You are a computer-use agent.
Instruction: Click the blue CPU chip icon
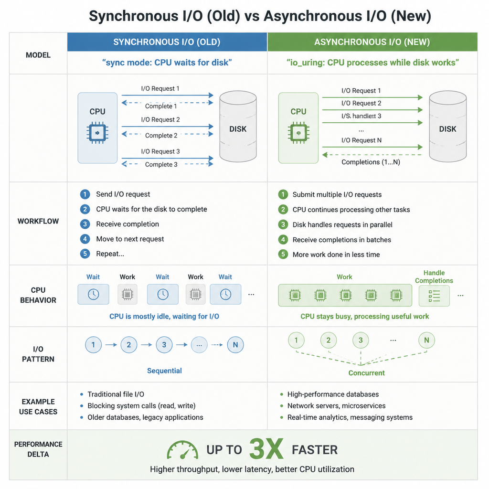(x=97, y=133)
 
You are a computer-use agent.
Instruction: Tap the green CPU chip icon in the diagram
(x=298, y=133)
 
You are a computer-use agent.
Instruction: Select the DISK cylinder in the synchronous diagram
(x=238, y=126)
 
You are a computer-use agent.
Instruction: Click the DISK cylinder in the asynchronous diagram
(x=448, y=126)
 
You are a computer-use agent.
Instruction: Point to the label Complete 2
(x=161, y=136)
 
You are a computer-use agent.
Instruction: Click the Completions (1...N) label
(x=371, y=162)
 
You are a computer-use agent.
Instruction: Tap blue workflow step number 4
(x=85, y=239)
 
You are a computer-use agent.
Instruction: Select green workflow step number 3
(x=283, y=224)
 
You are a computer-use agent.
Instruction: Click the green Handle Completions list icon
(x=434, y=296)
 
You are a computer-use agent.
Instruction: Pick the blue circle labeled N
(x=235, y=345)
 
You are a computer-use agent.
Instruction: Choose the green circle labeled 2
(x=329, y=340)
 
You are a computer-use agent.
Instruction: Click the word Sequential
(x=164, y=371)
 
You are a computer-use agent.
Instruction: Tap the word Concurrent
(x=366, y=373)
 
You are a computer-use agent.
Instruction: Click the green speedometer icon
(x=182, y=450)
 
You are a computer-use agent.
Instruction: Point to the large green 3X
(x=266, y=449)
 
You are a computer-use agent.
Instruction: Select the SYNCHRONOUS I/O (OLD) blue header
(x=167, y=42)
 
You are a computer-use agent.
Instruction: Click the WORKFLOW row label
(x=38, y=221)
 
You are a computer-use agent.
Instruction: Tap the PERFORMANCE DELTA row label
(x=38, y=449)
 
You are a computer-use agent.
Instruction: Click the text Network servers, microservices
(x=337, y=406)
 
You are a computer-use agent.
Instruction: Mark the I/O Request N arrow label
(x=361, y=140)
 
